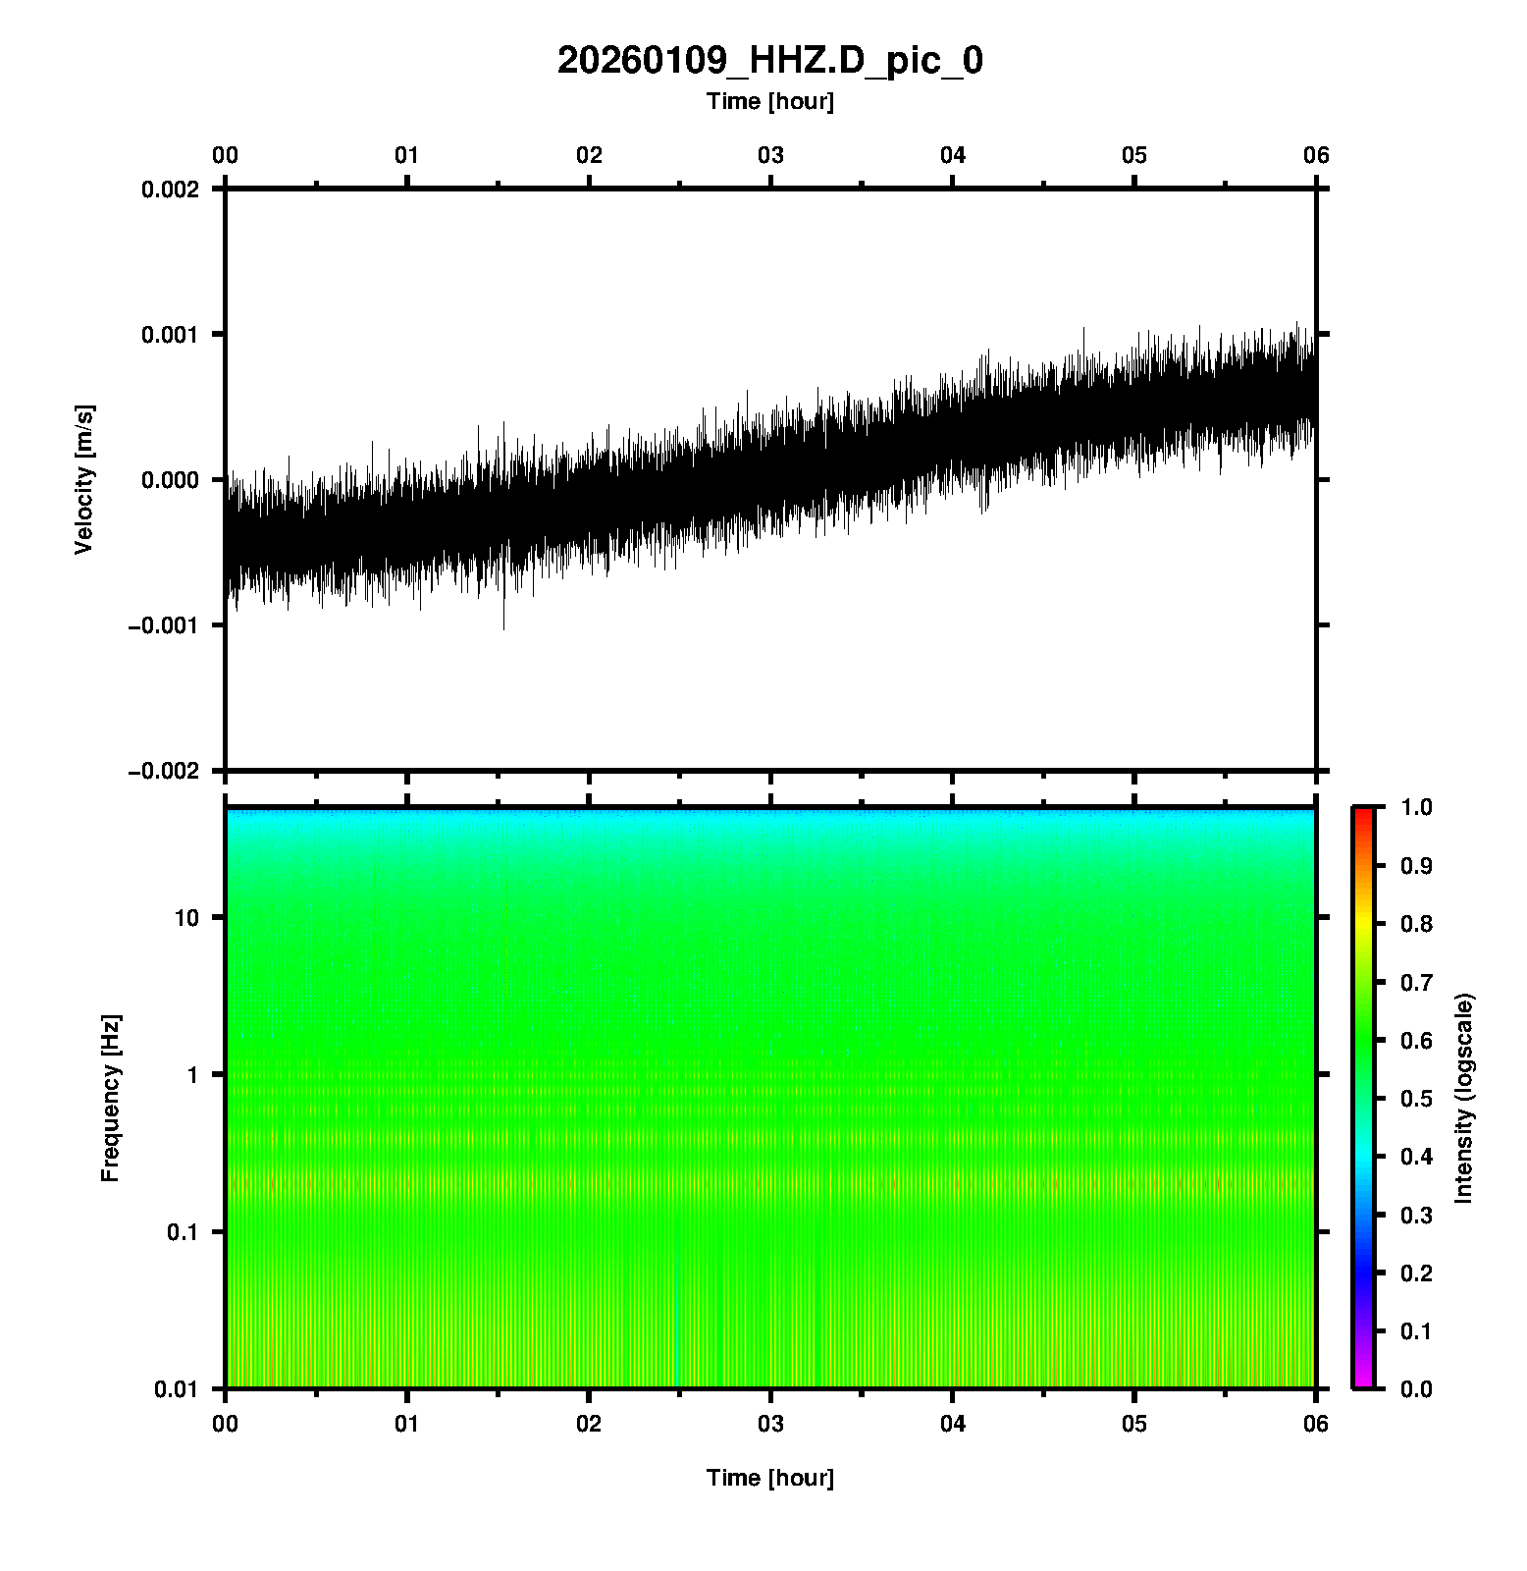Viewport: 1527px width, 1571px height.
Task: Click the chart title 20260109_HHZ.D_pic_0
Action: click(x=769, y=61)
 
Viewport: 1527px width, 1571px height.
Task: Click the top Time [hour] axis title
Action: click(x=769, y=101)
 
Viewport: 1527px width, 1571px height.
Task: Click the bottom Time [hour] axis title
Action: click(x=769, y=1478)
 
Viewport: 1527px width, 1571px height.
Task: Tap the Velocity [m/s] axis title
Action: click(x=84, y=479)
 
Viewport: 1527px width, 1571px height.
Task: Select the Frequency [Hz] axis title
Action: click(x=110, y=1098)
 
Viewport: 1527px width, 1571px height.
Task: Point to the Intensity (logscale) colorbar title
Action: click(x=1464, y=1098)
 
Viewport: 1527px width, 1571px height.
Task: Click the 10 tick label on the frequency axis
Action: click(x=186, y=918)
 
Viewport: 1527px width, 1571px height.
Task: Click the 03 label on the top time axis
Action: click(x=770, y=155)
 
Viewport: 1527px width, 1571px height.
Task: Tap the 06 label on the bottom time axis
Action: click(x=1316, y=1424)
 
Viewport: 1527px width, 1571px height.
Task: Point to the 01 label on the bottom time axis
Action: click(x=406, y=1424)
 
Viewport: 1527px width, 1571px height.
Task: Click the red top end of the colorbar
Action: click(x=1363, y=813)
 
